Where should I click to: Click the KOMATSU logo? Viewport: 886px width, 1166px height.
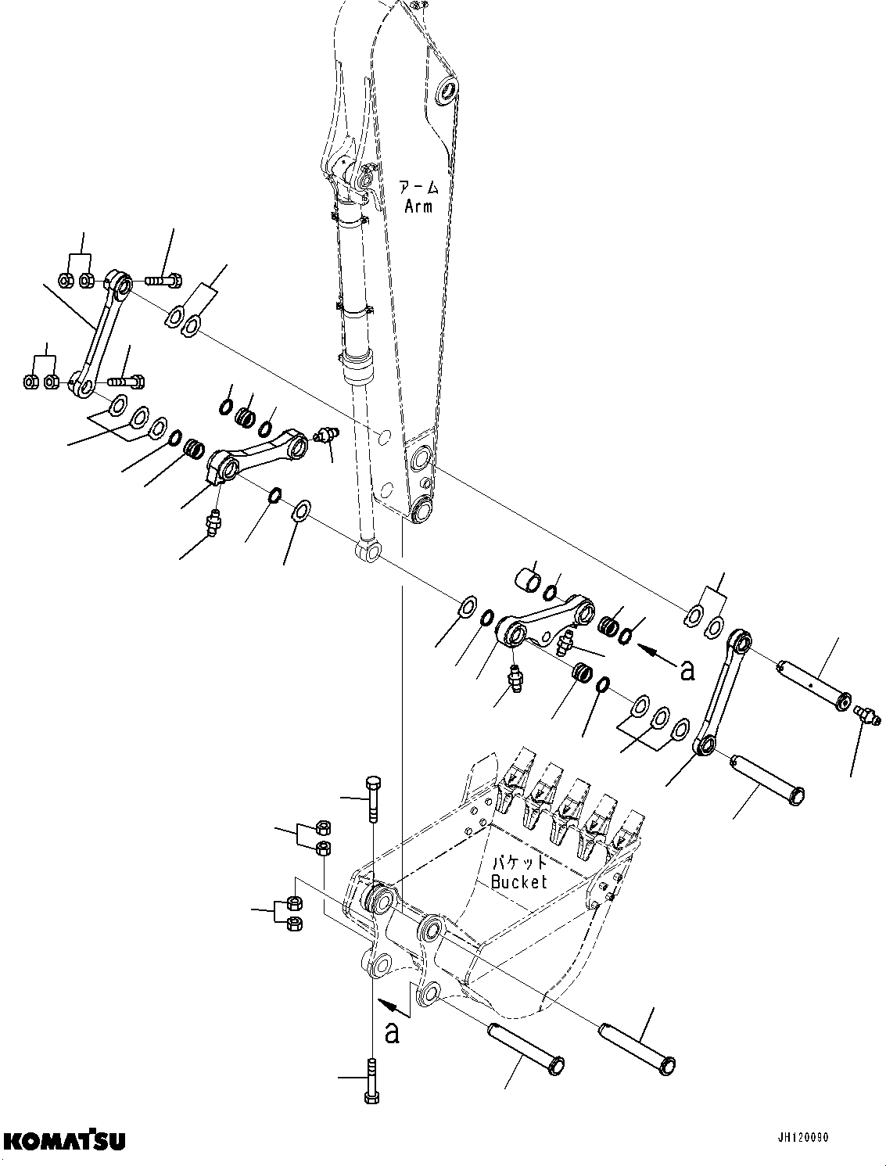tap(63, 1140)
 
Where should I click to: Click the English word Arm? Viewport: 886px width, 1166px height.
tap(418, 206)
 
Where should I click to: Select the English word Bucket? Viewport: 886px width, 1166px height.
tap(518, 881)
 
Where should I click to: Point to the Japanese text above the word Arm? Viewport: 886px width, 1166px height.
tap(419, 188)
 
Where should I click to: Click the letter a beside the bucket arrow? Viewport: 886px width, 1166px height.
tap(393, 1032)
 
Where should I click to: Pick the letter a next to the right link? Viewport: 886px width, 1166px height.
tap(687, 669)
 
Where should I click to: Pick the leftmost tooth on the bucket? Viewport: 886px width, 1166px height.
tap(507, 784)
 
